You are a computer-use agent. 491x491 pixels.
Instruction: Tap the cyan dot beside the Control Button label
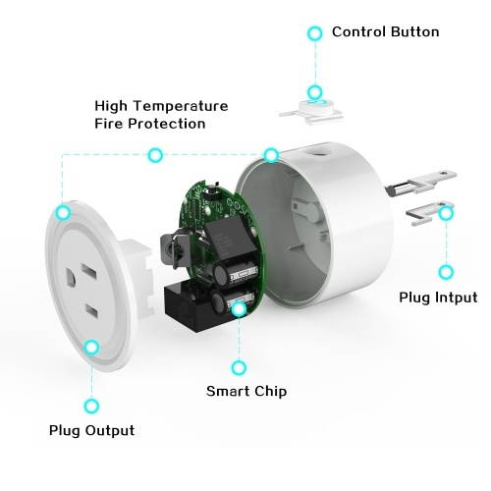[314, 32]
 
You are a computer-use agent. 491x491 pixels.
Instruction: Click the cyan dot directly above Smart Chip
[239, 367]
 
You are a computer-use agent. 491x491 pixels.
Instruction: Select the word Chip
[268, 391]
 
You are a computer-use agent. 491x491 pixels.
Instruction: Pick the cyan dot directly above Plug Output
[91, 405]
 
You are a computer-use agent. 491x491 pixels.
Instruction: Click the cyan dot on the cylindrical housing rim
[271, 155]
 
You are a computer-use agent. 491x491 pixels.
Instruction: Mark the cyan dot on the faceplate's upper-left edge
[63, 211]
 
